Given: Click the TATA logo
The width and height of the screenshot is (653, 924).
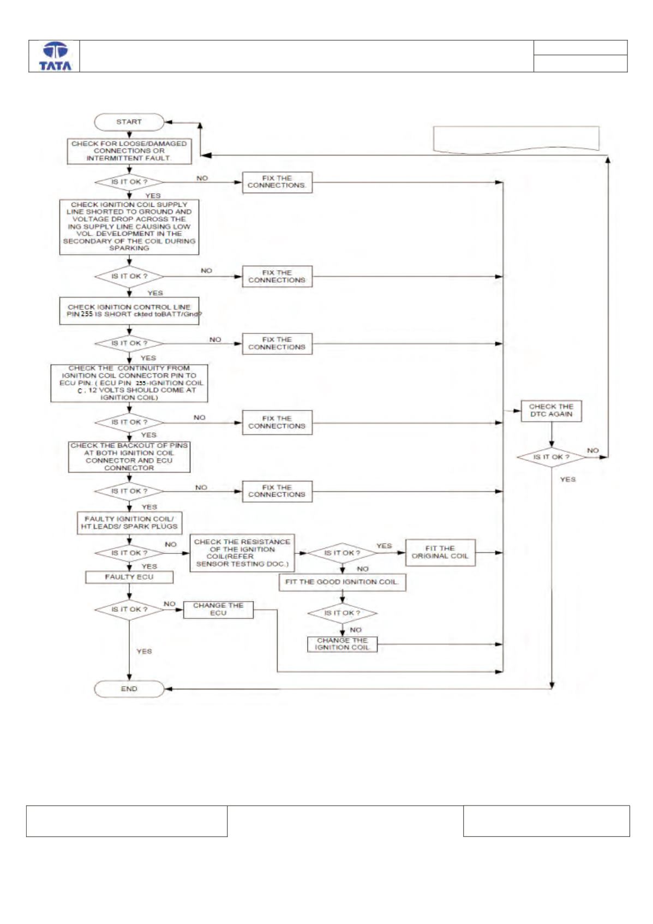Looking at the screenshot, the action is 55,57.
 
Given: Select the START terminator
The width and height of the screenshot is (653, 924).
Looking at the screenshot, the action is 129,122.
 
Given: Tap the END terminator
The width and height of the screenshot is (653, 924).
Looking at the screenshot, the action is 129,688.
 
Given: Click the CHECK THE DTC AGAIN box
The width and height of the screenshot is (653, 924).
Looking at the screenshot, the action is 551,411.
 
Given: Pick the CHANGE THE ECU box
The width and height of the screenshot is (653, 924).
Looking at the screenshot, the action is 218,609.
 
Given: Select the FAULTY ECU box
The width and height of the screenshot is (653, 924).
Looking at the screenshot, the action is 129,577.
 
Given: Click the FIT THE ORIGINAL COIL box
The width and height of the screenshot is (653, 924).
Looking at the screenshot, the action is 440,552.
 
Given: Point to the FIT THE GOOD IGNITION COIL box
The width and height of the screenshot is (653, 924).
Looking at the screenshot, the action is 342,582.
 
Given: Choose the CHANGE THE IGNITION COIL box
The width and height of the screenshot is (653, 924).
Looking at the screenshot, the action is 342,644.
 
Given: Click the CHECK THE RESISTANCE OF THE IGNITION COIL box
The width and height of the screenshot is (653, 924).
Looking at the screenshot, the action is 242,553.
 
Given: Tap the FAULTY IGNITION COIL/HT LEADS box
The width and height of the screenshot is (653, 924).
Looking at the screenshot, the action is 129,523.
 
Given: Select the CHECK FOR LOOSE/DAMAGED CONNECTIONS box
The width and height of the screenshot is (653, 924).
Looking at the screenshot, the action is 129,151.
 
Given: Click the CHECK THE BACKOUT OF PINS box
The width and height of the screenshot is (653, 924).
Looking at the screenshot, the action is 129,457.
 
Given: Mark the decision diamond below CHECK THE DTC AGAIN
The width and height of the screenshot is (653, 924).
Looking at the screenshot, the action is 551,457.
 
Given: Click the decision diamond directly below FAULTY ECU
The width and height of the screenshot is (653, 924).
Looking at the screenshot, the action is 129,609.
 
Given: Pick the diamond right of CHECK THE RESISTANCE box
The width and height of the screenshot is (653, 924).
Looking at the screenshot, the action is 342,553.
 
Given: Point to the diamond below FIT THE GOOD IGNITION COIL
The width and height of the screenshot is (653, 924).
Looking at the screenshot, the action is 342,613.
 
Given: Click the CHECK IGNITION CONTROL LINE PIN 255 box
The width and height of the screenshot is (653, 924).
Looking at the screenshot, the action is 129,311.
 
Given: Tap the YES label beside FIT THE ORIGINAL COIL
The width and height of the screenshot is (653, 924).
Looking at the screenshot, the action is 384,546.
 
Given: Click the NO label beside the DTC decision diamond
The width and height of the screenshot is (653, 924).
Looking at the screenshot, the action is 592,450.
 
